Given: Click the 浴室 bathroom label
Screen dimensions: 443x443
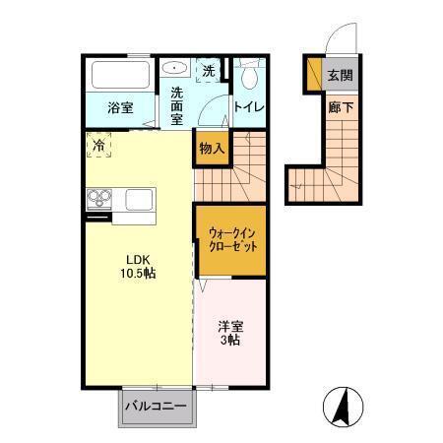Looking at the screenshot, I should coord(121,107).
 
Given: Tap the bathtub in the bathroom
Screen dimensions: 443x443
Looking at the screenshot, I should coord(121,76).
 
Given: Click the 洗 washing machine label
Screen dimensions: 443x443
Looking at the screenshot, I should coord(208,71).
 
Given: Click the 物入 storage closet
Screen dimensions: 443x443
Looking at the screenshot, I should coord(212,149).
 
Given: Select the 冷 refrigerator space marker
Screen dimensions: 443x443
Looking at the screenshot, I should coord(99,146).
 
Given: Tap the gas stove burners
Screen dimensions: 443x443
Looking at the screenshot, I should coord(100,200).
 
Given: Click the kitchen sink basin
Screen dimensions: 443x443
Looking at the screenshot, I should coord(139,200).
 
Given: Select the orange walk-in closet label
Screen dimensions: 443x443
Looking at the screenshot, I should coord(231,239).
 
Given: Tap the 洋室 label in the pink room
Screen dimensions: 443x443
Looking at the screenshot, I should coord(231,327).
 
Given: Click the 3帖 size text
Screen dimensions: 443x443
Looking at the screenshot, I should coord(231,342).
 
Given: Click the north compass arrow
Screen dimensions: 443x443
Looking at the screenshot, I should coord(344,405).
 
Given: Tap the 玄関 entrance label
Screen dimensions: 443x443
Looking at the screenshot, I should coord(340,75).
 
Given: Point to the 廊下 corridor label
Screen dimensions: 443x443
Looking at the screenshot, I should coord(340,106).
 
